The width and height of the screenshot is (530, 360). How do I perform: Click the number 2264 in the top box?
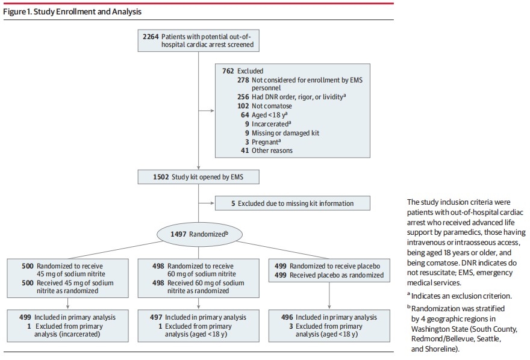[x=151, y=37]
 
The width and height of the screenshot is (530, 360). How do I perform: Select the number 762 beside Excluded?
[x=228, y=71]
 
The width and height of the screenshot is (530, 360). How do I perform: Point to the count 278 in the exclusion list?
[x=243, y=80]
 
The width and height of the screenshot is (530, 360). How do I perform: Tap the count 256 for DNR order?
[x=243, y=97]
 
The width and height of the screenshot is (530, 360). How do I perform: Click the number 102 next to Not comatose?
[x=243, y=106]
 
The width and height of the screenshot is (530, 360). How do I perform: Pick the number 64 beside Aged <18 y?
[x=245, y=115]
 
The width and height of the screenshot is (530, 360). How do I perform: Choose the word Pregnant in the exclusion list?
[x=265, y=142]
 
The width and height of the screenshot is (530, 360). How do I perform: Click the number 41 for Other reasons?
[x=245, y=151]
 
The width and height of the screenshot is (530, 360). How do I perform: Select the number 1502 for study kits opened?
[x=161, y=177]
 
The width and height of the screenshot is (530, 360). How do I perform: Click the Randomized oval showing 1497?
[x=199, y=234]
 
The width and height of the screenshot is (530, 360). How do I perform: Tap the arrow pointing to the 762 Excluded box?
[x=206, y=110]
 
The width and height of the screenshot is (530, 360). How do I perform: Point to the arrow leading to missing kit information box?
[x=206, y=203]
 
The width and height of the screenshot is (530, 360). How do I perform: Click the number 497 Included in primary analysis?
[x=156, y=317]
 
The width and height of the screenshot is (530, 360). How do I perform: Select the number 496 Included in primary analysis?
[x=287, y=317]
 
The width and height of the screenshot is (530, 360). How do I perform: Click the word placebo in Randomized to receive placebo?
[x=368, y=266]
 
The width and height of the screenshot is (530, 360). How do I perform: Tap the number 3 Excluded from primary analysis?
[x=291, y=326]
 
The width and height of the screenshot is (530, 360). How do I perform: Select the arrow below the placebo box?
[x=329, y=296]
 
